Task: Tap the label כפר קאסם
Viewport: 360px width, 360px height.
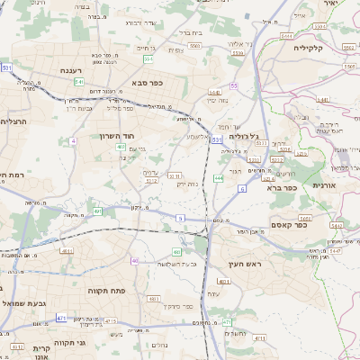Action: pos(290,225)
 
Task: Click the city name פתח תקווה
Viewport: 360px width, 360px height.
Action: pos(105,292)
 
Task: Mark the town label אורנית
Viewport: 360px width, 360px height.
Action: pos(323,184)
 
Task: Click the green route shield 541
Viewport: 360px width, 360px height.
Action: pos(79,81)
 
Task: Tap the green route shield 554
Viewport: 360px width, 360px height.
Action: pos(148,59)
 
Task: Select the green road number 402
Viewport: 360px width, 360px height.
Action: pos(120,146)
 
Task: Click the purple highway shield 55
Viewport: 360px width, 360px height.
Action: pos(233,85)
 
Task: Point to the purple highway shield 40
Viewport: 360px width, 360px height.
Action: pos(135,261)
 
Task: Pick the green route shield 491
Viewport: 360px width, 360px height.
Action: pos(96,211)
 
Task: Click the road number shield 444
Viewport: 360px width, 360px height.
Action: pos(219,178)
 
